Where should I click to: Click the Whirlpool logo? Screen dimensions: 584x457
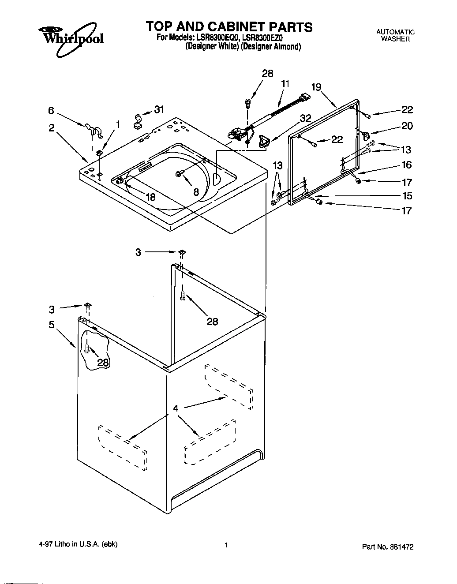(71, 39)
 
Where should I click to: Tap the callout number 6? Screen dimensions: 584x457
(51, 112)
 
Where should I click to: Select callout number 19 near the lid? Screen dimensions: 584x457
(316, 87)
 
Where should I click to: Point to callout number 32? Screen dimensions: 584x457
(305, 118)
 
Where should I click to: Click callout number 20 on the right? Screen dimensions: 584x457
(407, 126)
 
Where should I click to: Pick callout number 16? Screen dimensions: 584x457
(406, 165)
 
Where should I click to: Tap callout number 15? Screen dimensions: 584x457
(407, 195)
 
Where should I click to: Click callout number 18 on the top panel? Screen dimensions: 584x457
(150, 197)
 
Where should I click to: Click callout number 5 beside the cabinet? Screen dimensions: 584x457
(52, 325)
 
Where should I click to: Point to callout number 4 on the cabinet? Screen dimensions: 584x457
(176, 408)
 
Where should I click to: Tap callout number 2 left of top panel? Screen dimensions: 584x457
(52, 128)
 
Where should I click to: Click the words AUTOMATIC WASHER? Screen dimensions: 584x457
(395, 35)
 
